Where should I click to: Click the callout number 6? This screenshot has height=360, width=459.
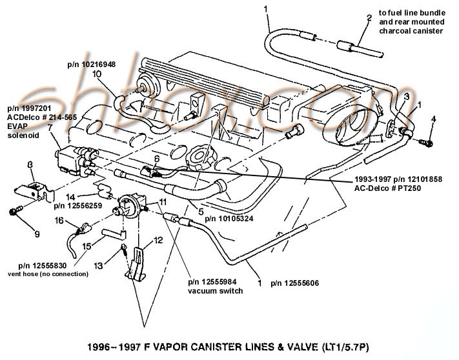click(156, 158)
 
